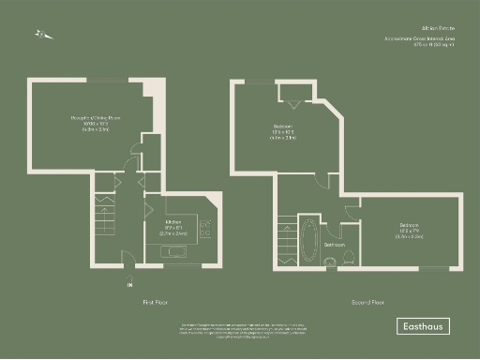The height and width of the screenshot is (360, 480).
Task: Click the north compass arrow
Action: pyautogui.click(x=41, y=35)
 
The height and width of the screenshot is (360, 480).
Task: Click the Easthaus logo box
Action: pyautogui.click(x=421, y=326)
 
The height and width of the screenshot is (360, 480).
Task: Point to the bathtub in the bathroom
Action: pyautogui.click(x=307, y=239)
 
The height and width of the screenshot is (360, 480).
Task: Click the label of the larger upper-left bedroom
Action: pyautogui.click(x=283, y=130)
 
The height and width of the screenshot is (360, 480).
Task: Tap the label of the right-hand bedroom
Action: pyautogui.click(x=409, y=229)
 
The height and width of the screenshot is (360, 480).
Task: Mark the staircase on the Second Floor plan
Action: pyautogui.click(x=285, y=235)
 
